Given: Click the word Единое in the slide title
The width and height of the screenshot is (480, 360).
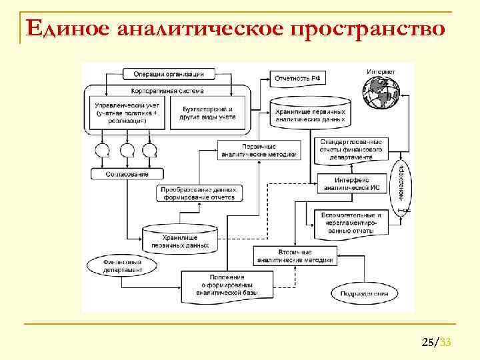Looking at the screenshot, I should click(66, 29).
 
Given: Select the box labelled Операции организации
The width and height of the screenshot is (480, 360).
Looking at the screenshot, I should click(168, 73).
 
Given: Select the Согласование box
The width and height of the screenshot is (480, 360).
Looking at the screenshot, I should click(127, 173).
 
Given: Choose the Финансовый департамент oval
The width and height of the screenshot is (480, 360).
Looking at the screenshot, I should click(123, 267).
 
